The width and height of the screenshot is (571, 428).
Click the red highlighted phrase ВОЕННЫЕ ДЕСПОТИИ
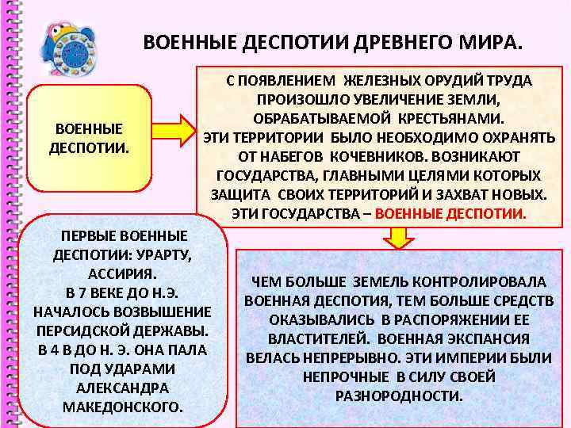(x=450, y=213)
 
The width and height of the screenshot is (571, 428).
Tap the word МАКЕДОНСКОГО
(x=121, y=407)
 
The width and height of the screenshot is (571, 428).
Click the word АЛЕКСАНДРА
(x=121, y=388)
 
